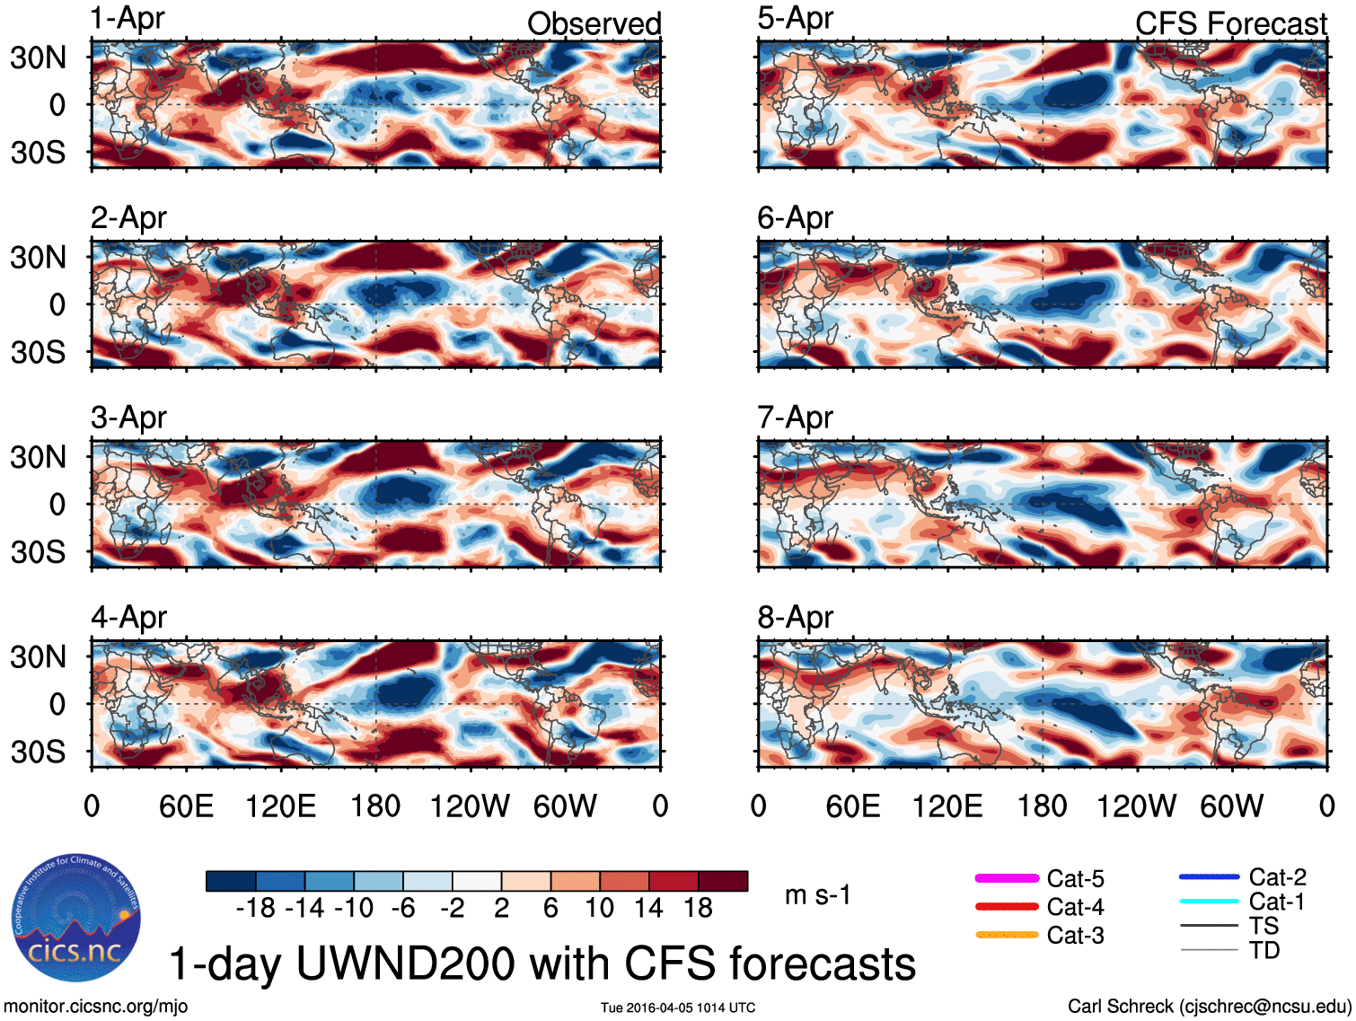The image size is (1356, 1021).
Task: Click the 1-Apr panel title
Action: [x=128, y=19]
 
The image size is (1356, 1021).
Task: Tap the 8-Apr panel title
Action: [x=795, y=618]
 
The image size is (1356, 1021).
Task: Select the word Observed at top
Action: [x=594, y=24]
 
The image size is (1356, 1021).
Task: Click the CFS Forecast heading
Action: [x=1230, y=24]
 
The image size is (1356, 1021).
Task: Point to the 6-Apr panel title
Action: [x=795, y=218]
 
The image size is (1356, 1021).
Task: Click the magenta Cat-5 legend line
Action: [x=1007, y=878]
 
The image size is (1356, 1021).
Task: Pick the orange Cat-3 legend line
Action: [x=1007, y=935]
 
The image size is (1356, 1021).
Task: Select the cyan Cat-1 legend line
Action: [x=1209, y=902]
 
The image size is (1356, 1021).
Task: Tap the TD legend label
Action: [x=1264, y=950]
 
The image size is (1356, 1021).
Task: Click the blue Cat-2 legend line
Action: [x=1209, y=876]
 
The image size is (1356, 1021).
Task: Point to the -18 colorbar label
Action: [x=255, y=908]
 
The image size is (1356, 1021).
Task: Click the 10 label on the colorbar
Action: [x=600, y=908]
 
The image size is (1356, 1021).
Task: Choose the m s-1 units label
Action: [x=817, y=895]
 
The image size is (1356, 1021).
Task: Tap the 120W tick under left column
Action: [x=470, y=805]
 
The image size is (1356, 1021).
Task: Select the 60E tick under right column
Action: [x=852, y=805]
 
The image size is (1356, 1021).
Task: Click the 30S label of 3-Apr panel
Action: [x=38, y=551]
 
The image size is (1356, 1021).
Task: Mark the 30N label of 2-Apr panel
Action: [x=38, y=258]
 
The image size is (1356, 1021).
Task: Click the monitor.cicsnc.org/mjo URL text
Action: [x=96, y=1007]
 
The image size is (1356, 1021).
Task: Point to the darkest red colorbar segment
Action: [x=723, y=881]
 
